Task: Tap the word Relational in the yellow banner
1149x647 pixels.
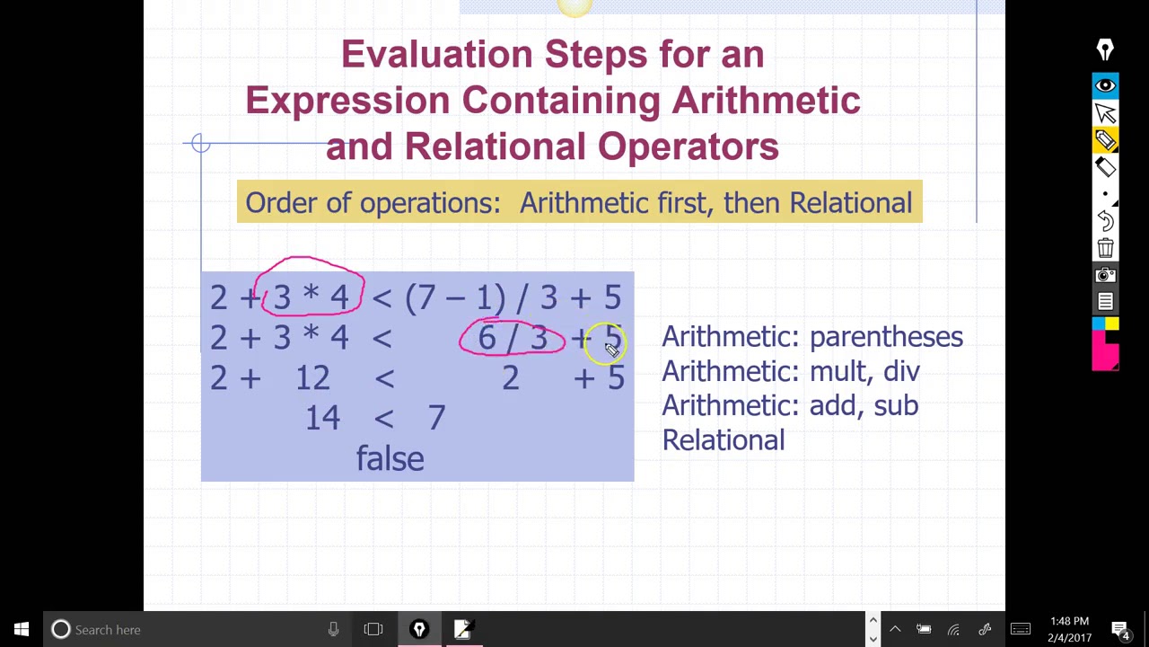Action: point(850,202)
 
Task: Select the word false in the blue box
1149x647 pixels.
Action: point(390,459)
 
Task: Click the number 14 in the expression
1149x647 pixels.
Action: point(322,417)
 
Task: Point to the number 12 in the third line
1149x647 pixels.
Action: point(312,377)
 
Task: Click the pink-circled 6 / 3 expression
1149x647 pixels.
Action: point(512,338)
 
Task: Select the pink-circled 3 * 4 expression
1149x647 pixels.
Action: point(311,297)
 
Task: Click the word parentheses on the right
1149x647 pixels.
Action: point(885,337)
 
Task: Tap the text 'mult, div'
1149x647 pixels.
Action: point(864,371)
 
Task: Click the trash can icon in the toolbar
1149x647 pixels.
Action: point(1105,248)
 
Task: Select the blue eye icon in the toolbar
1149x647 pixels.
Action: point(1105,85)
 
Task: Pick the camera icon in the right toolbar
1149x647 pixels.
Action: point(1105,275)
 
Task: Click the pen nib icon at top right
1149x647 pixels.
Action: point(1105,50)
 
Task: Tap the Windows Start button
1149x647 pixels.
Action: point(22,629)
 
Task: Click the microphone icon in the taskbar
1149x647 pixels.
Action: point(333,629)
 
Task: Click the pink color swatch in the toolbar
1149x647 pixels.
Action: point(1105,350)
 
